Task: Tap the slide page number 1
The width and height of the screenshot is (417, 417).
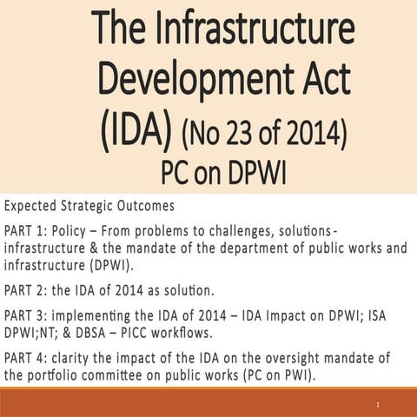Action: click(x=380, y=406)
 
